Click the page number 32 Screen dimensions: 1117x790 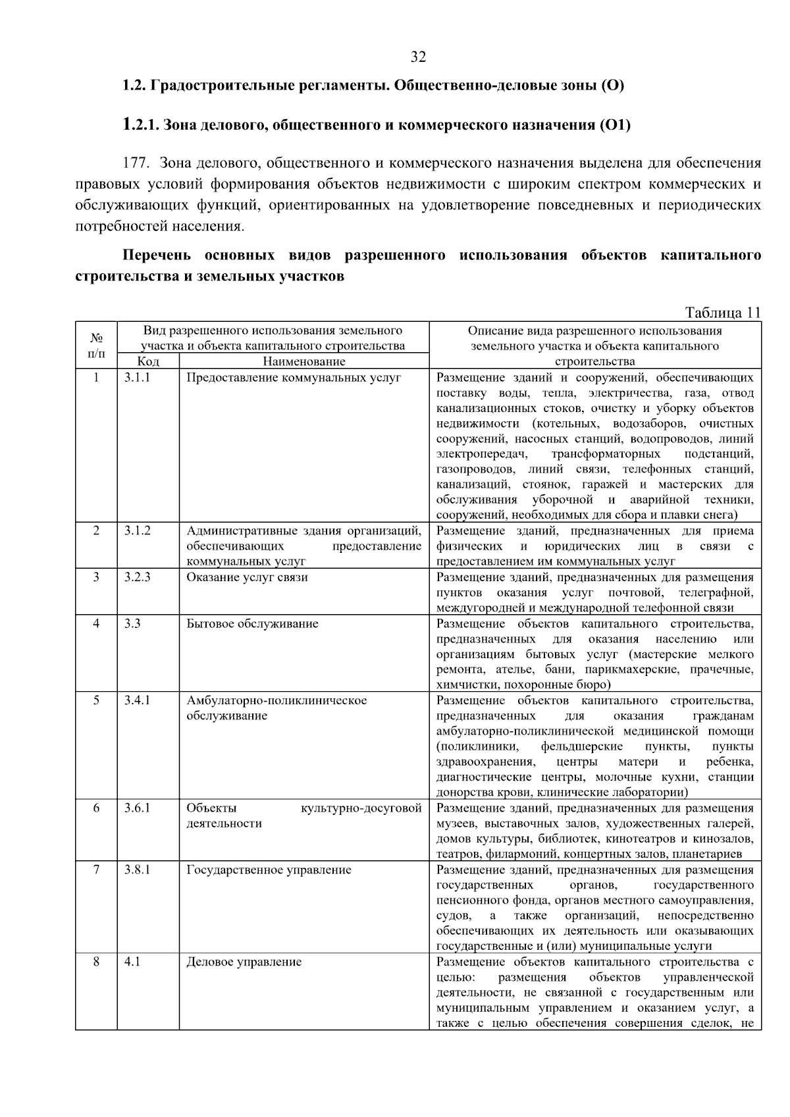point(418,57)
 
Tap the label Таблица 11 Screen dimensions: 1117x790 point(723,313)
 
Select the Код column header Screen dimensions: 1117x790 point(148,361)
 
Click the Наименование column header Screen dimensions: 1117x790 point(303,361)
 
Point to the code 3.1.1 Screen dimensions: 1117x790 point(137,378)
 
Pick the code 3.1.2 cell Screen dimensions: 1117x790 point(137,531)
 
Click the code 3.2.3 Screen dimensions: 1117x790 point(137,577)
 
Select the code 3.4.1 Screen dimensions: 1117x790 point(137,700)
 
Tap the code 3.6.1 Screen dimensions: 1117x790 point(137,808)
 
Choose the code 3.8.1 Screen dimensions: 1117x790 point(137,870)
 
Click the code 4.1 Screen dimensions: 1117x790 point(132,962)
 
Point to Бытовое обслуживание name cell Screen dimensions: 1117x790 point(252,623)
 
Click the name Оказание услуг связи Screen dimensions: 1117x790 point(247,577)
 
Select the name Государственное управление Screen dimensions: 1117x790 point(269,870)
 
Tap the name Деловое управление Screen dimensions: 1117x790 point(244,962)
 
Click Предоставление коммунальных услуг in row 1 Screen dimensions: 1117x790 point(294,378)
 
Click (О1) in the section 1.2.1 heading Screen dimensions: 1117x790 point(614,125)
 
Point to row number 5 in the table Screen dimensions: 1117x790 point(96,700)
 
